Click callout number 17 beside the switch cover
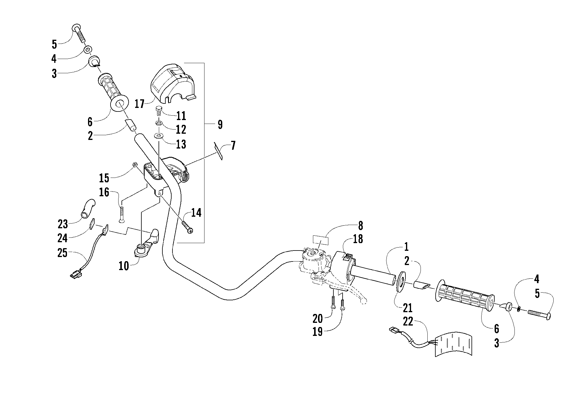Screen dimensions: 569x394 (139, 104)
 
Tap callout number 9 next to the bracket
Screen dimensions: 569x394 (220, 125)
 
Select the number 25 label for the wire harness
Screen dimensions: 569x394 (63, 253)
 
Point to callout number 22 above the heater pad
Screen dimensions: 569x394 (408, 322)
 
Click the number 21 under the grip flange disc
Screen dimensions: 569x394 (408, 308)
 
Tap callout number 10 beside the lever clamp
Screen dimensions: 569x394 (124, 266)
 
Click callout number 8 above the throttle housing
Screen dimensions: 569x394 (360, 226)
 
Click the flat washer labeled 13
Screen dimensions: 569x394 (159, 136)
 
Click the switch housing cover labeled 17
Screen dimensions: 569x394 (173, 83)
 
